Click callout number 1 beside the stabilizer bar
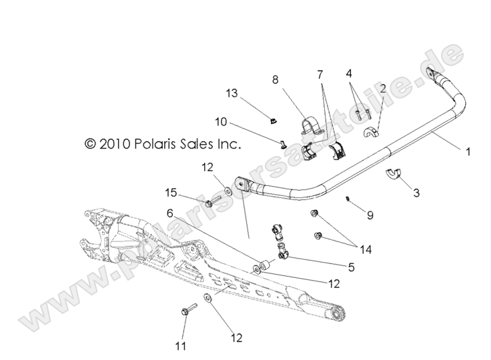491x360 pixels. click(x=468, y=152)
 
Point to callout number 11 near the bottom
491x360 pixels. click(x=178, y=345)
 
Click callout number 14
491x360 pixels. click(x=365, y=250)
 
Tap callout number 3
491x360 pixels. click(x=416, y=193)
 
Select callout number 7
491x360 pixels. click(x=320, y=73)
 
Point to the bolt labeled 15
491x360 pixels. click(x=207, y=201)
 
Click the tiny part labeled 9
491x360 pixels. click(x=348, y=198)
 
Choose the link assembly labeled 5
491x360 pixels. click(x=280, y=241)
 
